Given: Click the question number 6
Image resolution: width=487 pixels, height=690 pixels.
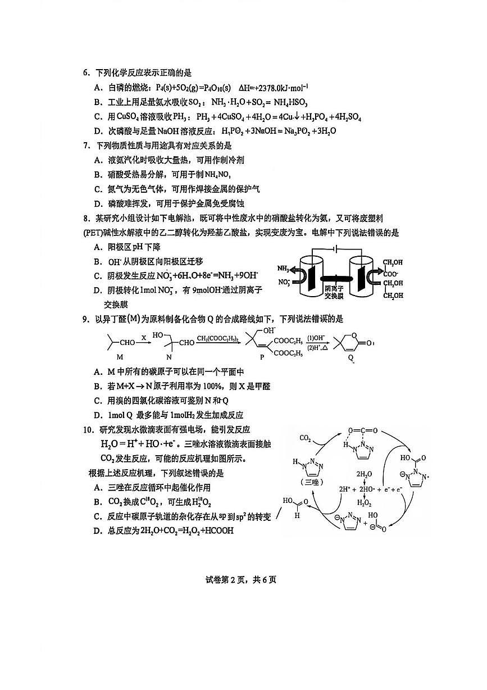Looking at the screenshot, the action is tap(86, 73).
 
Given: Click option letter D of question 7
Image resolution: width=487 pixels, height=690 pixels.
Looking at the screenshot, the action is tap(97, 204).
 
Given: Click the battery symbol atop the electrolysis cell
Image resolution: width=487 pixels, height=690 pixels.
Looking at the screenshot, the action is tap(335, 249).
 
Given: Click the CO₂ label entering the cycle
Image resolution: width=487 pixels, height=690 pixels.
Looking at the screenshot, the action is tap(306, 438).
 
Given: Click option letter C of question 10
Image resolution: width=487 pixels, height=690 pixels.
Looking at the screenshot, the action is tap(97, 517).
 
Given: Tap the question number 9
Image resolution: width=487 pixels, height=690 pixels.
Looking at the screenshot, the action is tap(86, 319).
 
